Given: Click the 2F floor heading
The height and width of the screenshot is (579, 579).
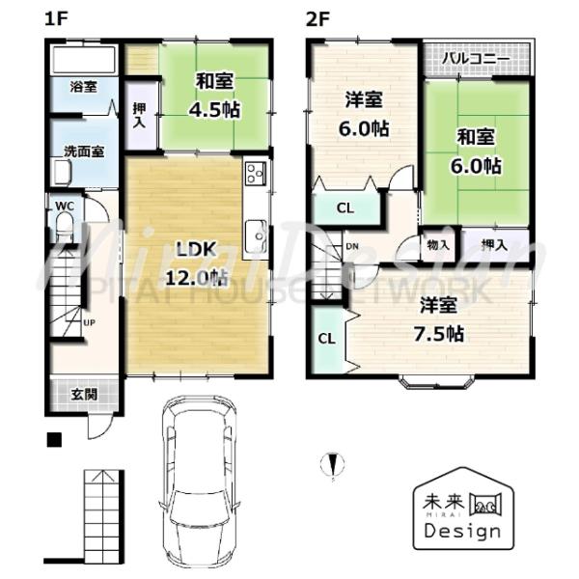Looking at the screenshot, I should (319, 17).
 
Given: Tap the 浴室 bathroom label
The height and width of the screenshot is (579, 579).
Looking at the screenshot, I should (83, 87).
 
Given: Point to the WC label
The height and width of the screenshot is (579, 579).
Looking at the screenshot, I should (65, 206).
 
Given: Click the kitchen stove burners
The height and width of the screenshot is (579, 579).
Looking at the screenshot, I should (256, 174).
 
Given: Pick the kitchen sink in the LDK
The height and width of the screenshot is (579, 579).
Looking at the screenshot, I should (257, 234).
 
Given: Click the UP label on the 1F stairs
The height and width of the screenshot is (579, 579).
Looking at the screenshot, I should (88, 322).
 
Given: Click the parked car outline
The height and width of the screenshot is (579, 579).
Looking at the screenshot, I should (198, 482).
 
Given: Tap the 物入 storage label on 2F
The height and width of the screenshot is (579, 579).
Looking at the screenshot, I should (436, 243).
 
